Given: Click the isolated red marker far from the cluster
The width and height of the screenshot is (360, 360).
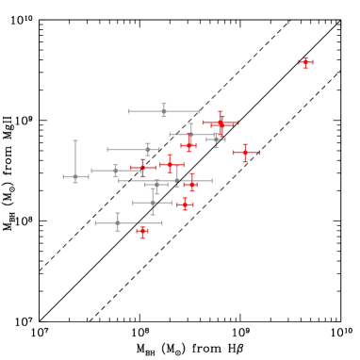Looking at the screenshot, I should pos(305,63).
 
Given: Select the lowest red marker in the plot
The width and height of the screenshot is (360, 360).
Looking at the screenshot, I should pos(142,230).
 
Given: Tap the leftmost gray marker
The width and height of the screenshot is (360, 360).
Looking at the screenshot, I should pos(75,176).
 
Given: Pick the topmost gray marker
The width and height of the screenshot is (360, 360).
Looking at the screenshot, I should pos(164,111).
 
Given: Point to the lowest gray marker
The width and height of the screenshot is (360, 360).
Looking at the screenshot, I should pos(118,223).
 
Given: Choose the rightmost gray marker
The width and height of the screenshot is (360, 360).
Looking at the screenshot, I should pos(216,139).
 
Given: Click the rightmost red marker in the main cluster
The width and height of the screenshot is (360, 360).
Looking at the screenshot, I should pos(245,153).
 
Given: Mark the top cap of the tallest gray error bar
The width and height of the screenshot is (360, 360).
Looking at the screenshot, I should pos(75,141).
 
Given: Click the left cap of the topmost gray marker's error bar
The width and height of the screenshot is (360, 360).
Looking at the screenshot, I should pos(129,111).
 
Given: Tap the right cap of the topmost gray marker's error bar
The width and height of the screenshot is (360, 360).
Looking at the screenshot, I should pos(199,111).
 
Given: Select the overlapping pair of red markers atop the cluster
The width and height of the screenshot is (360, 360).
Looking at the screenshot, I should pos(221,123).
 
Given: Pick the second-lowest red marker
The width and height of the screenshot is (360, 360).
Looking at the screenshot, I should pos(185,204).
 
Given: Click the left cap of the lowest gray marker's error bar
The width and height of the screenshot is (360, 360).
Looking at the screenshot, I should pos(96,223).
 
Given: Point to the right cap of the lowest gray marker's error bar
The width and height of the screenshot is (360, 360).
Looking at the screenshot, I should pos(162,223).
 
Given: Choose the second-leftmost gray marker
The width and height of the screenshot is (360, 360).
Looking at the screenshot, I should pos(116,171).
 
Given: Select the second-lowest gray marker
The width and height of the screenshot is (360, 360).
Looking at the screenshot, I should pos(153,203).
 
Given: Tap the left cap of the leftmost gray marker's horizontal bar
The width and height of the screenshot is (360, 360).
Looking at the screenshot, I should pos(63,176).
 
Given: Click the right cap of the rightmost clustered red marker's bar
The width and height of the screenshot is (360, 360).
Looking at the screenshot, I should pos(258,153).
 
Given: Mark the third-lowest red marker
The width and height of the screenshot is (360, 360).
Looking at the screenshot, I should pos(191,185).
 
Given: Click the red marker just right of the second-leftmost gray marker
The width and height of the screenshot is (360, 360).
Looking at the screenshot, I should pos(142,169).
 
